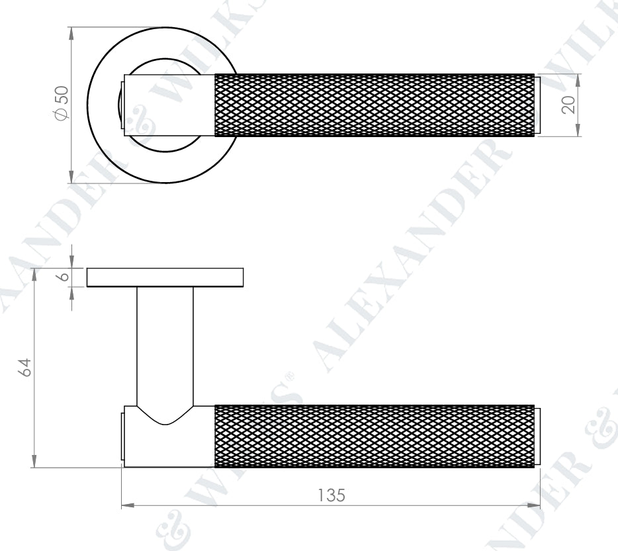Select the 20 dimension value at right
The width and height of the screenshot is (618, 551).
[568, 105]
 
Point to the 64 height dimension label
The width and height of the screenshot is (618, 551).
[24, 368]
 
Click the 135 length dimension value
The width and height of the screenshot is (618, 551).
[331, 495]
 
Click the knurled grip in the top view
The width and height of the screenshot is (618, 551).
[375, 105]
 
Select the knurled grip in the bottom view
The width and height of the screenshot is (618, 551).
[375, 436]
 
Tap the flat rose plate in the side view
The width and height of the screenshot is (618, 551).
[165, 277]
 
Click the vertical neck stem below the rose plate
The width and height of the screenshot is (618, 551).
[165, 344]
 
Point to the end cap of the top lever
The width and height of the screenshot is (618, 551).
[537, 105]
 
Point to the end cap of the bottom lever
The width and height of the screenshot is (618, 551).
[537, 436]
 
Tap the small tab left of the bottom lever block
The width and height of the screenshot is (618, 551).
[122, 436]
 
